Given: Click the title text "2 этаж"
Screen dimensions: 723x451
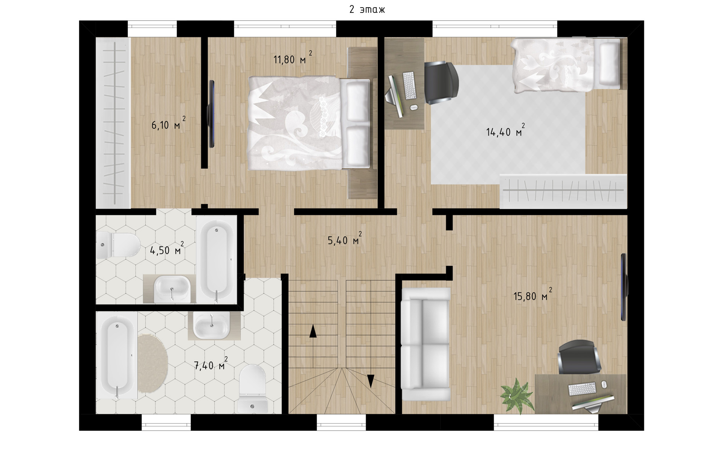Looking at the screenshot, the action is tap(367, 10).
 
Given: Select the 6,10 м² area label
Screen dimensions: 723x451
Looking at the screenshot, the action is tap(168, 123).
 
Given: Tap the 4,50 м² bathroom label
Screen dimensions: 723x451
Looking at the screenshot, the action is tap(167, 249).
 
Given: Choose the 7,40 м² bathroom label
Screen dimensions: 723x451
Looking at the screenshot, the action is tap(210, 364).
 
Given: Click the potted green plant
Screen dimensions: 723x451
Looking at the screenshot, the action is tap(517, 397).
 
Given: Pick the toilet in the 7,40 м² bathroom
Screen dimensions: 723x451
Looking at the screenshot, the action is tap(253, 390).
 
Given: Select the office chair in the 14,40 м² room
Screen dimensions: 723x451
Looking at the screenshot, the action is tap(442, 83).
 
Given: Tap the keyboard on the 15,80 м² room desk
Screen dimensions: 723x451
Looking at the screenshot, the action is tap(582, 388).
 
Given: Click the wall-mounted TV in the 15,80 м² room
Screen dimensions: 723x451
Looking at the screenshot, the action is tap(624, 287).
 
